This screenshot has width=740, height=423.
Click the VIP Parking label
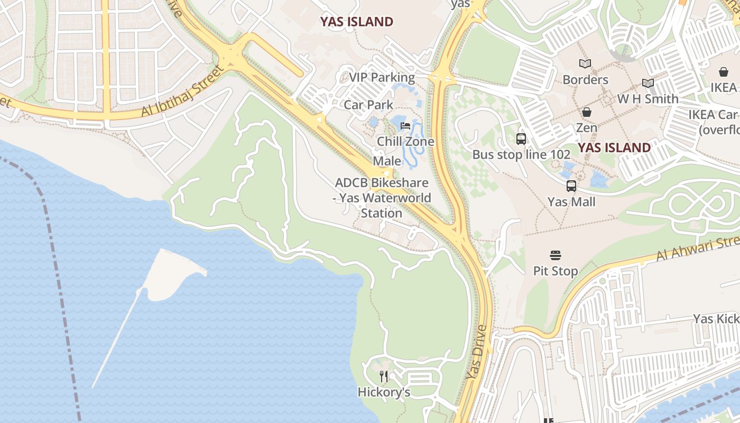click(382, 78)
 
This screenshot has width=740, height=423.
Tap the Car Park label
click(368, 105)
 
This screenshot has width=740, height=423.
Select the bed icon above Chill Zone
click(405, 126)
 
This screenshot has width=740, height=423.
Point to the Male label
click(387, 161)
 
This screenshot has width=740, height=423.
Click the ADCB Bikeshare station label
click(383, 198)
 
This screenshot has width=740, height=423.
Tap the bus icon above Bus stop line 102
click(521, 139)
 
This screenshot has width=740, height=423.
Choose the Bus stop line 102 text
click(521, 154)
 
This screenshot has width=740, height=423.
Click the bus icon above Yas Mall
click(571, 186)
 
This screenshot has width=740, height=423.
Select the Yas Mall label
click(571, 201)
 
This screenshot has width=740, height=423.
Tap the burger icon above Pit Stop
click(555, 256)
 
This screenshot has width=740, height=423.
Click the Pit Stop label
click(555, 271)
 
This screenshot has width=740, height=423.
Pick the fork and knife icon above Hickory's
click(384, 376)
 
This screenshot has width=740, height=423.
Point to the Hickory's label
click(384, 392)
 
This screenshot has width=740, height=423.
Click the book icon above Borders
click(585, 64)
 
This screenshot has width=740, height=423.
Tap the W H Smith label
click(648, 99)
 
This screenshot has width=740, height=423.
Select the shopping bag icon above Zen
click(587, 112)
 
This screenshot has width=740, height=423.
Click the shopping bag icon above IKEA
click(723, 72)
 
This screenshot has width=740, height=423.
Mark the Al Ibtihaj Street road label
click(182, 91)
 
